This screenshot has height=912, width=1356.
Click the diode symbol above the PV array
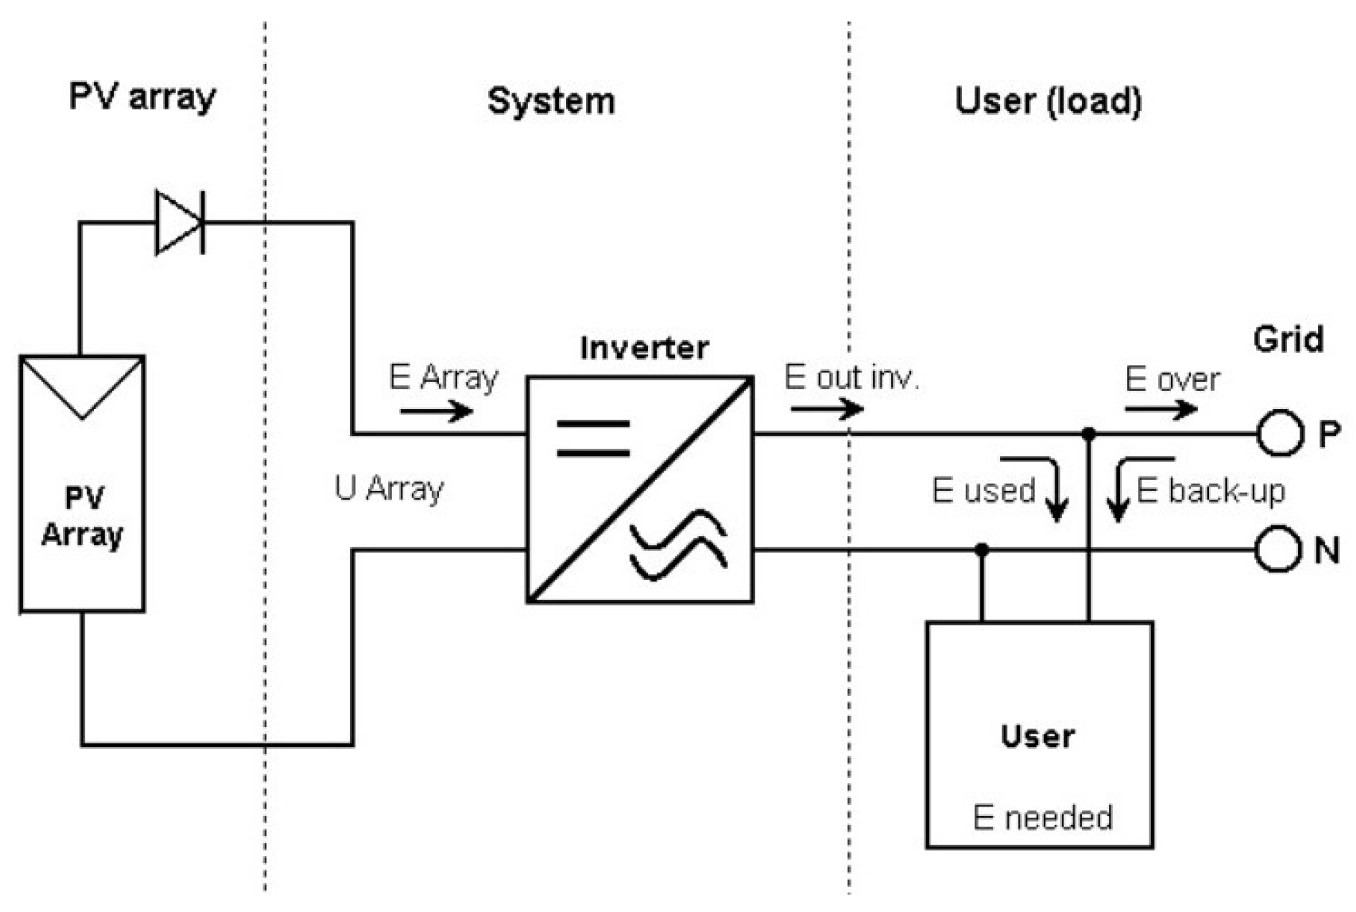click(179, 222)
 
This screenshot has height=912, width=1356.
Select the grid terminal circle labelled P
click(1279, 433)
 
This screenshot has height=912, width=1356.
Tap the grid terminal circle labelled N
click(1278, 549)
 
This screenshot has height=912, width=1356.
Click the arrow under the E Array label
click(436, 411)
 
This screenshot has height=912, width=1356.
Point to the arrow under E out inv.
click(827, 409)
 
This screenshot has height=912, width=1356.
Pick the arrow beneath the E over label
click(1160, 409)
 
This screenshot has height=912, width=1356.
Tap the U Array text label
click(389, 489)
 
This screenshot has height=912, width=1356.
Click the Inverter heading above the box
click(644, 348)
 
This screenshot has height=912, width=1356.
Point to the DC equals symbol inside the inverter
click(593, 438)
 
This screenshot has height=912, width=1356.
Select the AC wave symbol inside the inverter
click(678, 544)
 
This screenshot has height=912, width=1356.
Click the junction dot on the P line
click(1088, 433)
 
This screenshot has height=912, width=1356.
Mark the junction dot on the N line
click(982, 550)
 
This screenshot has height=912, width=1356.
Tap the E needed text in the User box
click(1042, 817)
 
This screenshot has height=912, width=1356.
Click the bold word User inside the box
click(1037, 736)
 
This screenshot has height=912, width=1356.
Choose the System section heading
click(551, 101)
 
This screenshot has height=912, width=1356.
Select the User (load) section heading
click(1047, 101)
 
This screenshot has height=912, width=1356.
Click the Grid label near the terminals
click(1288, 339)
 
